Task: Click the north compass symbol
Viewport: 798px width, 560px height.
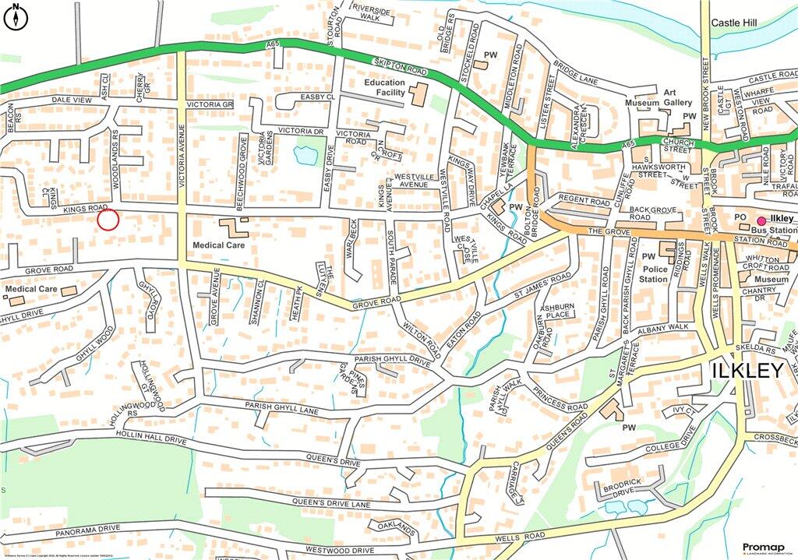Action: pos(15,16)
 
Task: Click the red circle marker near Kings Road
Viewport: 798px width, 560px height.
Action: pos(108,220)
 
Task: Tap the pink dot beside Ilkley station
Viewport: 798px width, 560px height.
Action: pos(761,220)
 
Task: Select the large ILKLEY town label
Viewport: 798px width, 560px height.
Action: pos(747,372)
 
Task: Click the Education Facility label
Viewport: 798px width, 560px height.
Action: pos(385,87)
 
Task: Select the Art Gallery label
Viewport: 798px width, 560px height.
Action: pos(678,97)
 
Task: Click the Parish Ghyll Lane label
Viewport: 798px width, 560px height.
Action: pos(281,407)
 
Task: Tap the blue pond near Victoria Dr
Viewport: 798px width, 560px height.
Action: pos(305,155)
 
